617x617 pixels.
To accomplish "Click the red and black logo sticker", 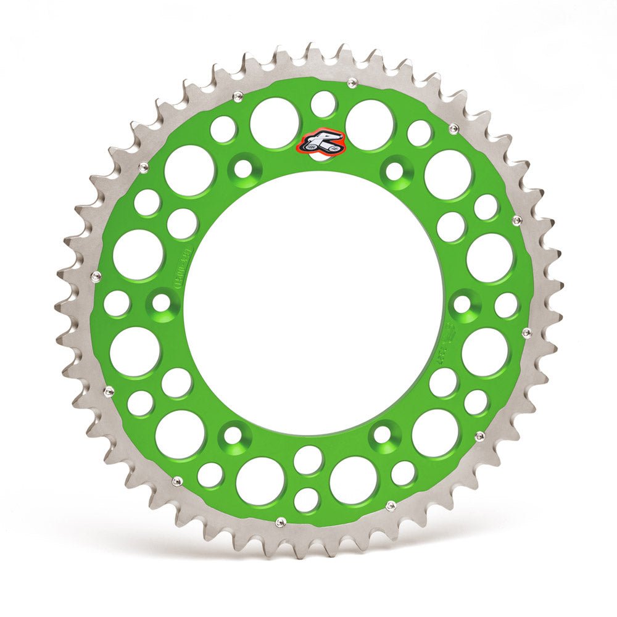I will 321,144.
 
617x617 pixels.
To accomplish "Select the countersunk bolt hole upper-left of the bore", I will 245,168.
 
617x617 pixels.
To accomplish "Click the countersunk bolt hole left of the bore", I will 162,302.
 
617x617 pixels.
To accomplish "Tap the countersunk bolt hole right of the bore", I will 463,304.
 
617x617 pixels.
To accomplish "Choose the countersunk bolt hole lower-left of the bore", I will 233,435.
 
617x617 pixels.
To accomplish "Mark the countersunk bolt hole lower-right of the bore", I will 383,435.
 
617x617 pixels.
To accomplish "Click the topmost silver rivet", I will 352,82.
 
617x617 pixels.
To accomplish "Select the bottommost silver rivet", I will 280,523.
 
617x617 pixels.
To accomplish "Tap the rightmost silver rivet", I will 527,333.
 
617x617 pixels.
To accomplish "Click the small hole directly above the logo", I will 323,104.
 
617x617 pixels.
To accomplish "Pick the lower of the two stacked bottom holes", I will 307,499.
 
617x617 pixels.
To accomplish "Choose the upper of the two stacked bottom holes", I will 308,460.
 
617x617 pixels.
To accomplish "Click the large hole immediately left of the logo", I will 275,123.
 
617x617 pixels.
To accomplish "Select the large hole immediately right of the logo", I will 370,125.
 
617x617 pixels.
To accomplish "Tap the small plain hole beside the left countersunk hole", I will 117,303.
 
